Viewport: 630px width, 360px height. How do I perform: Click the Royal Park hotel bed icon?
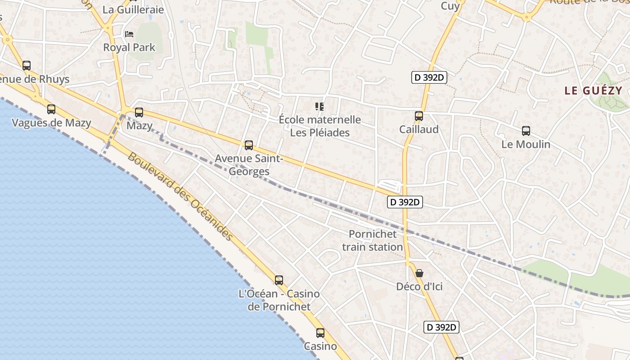(129, 34)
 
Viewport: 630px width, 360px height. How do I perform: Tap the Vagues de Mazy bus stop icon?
(51, 109)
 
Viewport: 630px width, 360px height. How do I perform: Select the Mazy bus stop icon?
(139, 112)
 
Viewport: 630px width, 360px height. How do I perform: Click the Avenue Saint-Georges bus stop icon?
(249, 145)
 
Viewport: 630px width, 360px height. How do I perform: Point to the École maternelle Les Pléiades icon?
(319, 107)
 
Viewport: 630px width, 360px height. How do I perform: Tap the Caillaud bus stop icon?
(419, 116)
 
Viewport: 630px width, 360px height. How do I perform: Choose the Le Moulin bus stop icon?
(526, 131)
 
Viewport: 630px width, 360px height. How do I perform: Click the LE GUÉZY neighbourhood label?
(593, 90)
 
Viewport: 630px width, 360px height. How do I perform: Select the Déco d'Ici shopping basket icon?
(419, 273)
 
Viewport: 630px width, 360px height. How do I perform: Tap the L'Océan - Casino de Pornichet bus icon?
(279, 280)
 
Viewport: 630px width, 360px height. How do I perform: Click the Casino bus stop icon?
(320, 333)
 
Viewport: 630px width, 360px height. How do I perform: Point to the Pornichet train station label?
(373, 240)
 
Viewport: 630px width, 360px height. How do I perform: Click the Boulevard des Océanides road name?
(180, 196)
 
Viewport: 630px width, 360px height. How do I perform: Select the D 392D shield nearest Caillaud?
(429, 77)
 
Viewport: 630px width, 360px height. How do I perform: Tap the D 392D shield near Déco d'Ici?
(441, 327)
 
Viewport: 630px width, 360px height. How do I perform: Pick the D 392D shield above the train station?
(405, 202)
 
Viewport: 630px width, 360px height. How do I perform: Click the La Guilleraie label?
(133, 9)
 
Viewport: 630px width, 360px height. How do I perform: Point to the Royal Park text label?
(129, 47)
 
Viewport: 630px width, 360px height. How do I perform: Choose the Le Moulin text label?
(526, 144)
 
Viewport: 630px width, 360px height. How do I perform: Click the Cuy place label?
(450, 6)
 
